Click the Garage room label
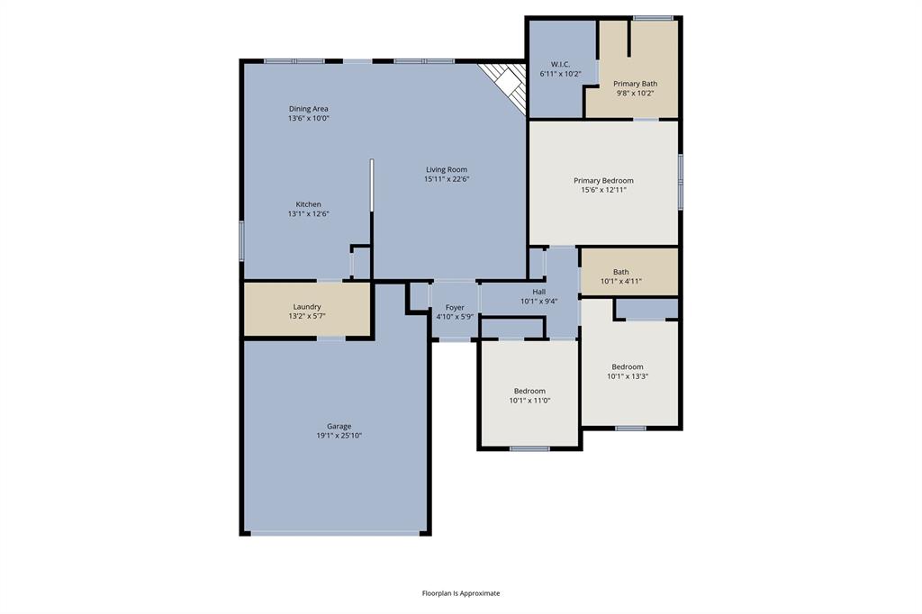click(339, 426)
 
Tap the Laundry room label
click(307, 307)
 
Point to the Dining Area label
click(308, 109)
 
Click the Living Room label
click(447, 169)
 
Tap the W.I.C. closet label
click(560, 65)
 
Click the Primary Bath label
click(635, 84)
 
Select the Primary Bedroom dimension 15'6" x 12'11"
click(603, 190)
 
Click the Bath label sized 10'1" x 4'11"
click(621, 272)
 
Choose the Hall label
click(538, 292)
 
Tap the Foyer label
click(455, 307)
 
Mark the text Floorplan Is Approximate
click(461, 593)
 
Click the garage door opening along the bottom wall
click(334, 533)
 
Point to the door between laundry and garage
click(330, 338)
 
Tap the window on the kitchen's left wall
click(241, 240)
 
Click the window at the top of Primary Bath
click(653, 17)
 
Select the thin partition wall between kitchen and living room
click(371, 185)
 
